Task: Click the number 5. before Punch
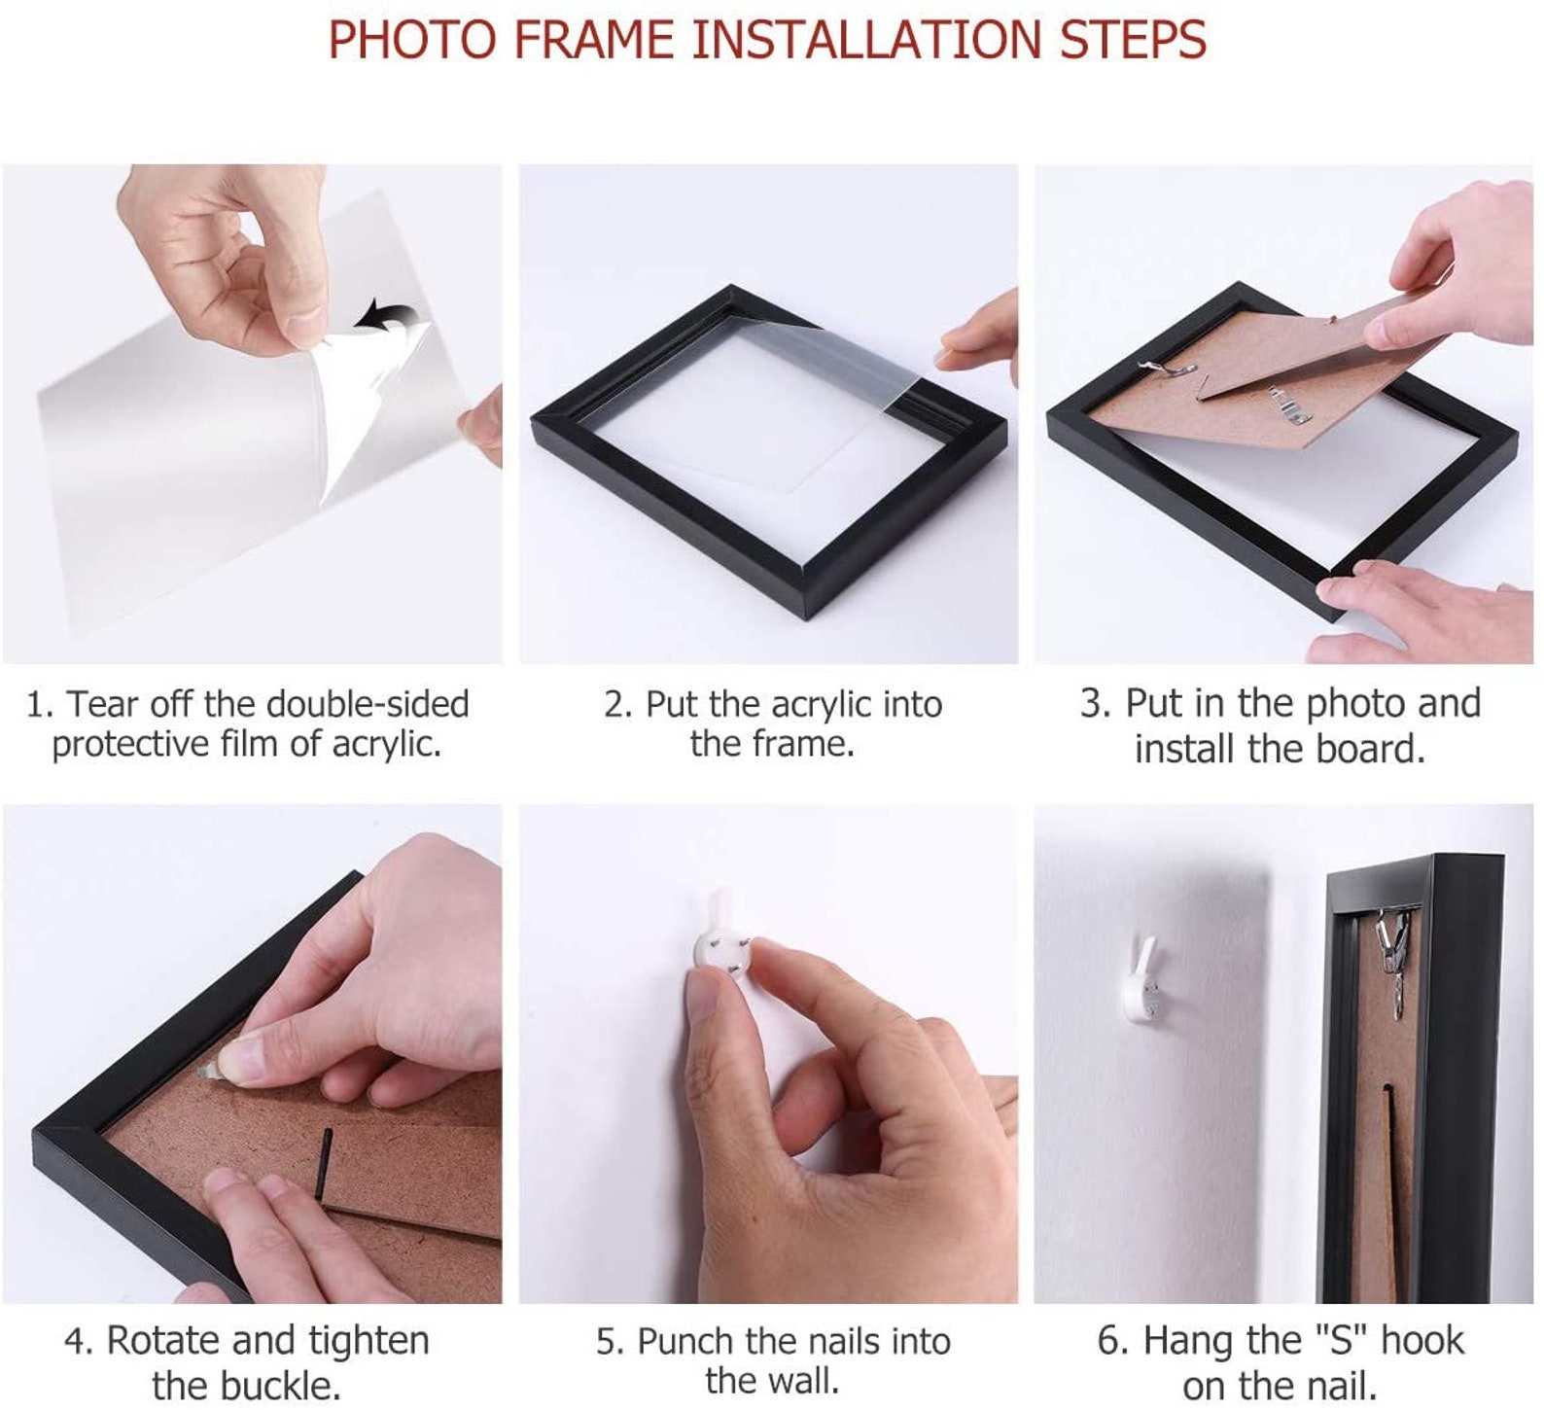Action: pyautogui.click(x=610, y=1342)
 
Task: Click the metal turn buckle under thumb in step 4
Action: pyautogui.click(x=215, y=1073)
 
